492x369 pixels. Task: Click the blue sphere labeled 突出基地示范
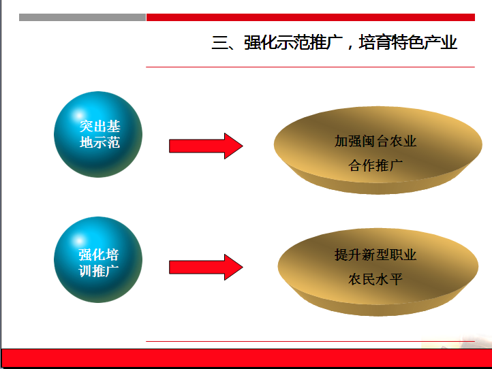tap(98, 135)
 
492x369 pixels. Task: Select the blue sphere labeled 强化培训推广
tap(98, 259)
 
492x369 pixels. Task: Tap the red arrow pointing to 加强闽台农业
tap(206, 146)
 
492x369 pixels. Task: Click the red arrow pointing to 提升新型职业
tap(206, 267)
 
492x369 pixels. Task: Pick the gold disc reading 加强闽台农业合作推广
tap(378, 150)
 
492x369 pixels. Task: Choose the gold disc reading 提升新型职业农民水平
tap(378, 272)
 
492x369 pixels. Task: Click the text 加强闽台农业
tap(375, 141)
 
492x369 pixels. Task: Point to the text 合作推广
tap(375, 165)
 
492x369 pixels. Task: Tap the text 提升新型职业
tap(375, 255)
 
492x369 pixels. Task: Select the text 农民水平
tap(375, 278)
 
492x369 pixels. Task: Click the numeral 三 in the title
tap(220, 43)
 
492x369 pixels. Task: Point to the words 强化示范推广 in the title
tap(293, 43)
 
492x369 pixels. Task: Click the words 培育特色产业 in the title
tap(408, 43)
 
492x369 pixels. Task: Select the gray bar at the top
tap(82, 17)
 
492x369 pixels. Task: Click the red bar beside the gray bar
tap(311, 17)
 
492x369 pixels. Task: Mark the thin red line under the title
tap(310, 67)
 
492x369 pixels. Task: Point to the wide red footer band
tap(247, 357)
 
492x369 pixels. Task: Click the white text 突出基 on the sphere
tap(99, 127)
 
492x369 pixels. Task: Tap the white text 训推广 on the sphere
tap(99, 271)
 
